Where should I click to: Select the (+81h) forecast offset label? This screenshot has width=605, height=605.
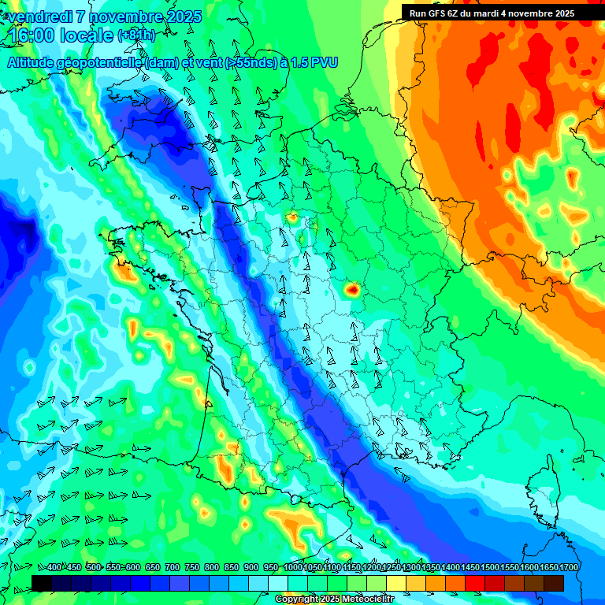(x=136, y=35)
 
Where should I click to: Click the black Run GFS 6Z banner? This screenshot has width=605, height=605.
(x=492, y=13)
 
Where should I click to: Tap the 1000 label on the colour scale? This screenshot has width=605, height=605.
(x=293, y=567)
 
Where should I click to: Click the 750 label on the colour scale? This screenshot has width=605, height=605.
(x=191, y=567)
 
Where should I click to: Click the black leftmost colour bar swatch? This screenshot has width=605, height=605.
(x=42, y=583)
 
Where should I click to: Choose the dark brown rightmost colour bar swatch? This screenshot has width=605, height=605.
(x=554, y=583)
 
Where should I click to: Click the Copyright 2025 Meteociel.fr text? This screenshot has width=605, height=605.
(x=334, y=599)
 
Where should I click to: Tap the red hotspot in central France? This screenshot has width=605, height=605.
(x=352, y=291)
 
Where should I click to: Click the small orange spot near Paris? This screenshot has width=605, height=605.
(x=292, y=218)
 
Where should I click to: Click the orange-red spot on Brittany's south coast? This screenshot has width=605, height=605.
(x=124, y=273)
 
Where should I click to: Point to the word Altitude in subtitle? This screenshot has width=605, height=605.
(x=34, y=62)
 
